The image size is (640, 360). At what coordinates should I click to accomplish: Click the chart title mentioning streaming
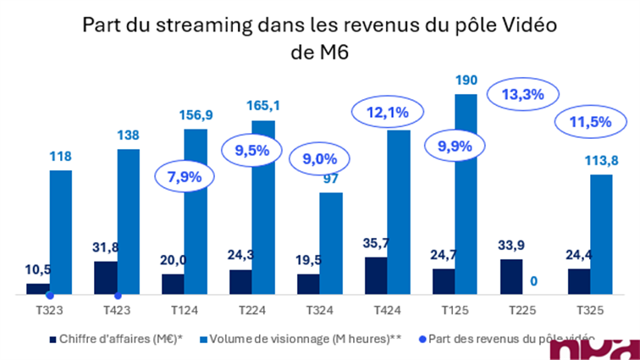point(319,37)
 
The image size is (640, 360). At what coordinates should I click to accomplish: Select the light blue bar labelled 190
point(466,195)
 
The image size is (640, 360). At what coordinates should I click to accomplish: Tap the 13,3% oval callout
point(522,95)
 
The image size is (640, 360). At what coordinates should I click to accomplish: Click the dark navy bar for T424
point(376,276)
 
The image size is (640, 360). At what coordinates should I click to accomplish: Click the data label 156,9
point(196,114)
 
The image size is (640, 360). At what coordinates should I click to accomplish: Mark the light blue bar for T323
point(60,232)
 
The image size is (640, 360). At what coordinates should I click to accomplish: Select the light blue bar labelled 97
point(331,244)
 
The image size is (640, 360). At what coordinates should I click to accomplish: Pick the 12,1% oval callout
point(387,112)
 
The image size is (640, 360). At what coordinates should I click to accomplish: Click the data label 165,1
point(262,106)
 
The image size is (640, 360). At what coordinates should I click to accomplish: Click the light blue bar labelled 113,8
point(602,235)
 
